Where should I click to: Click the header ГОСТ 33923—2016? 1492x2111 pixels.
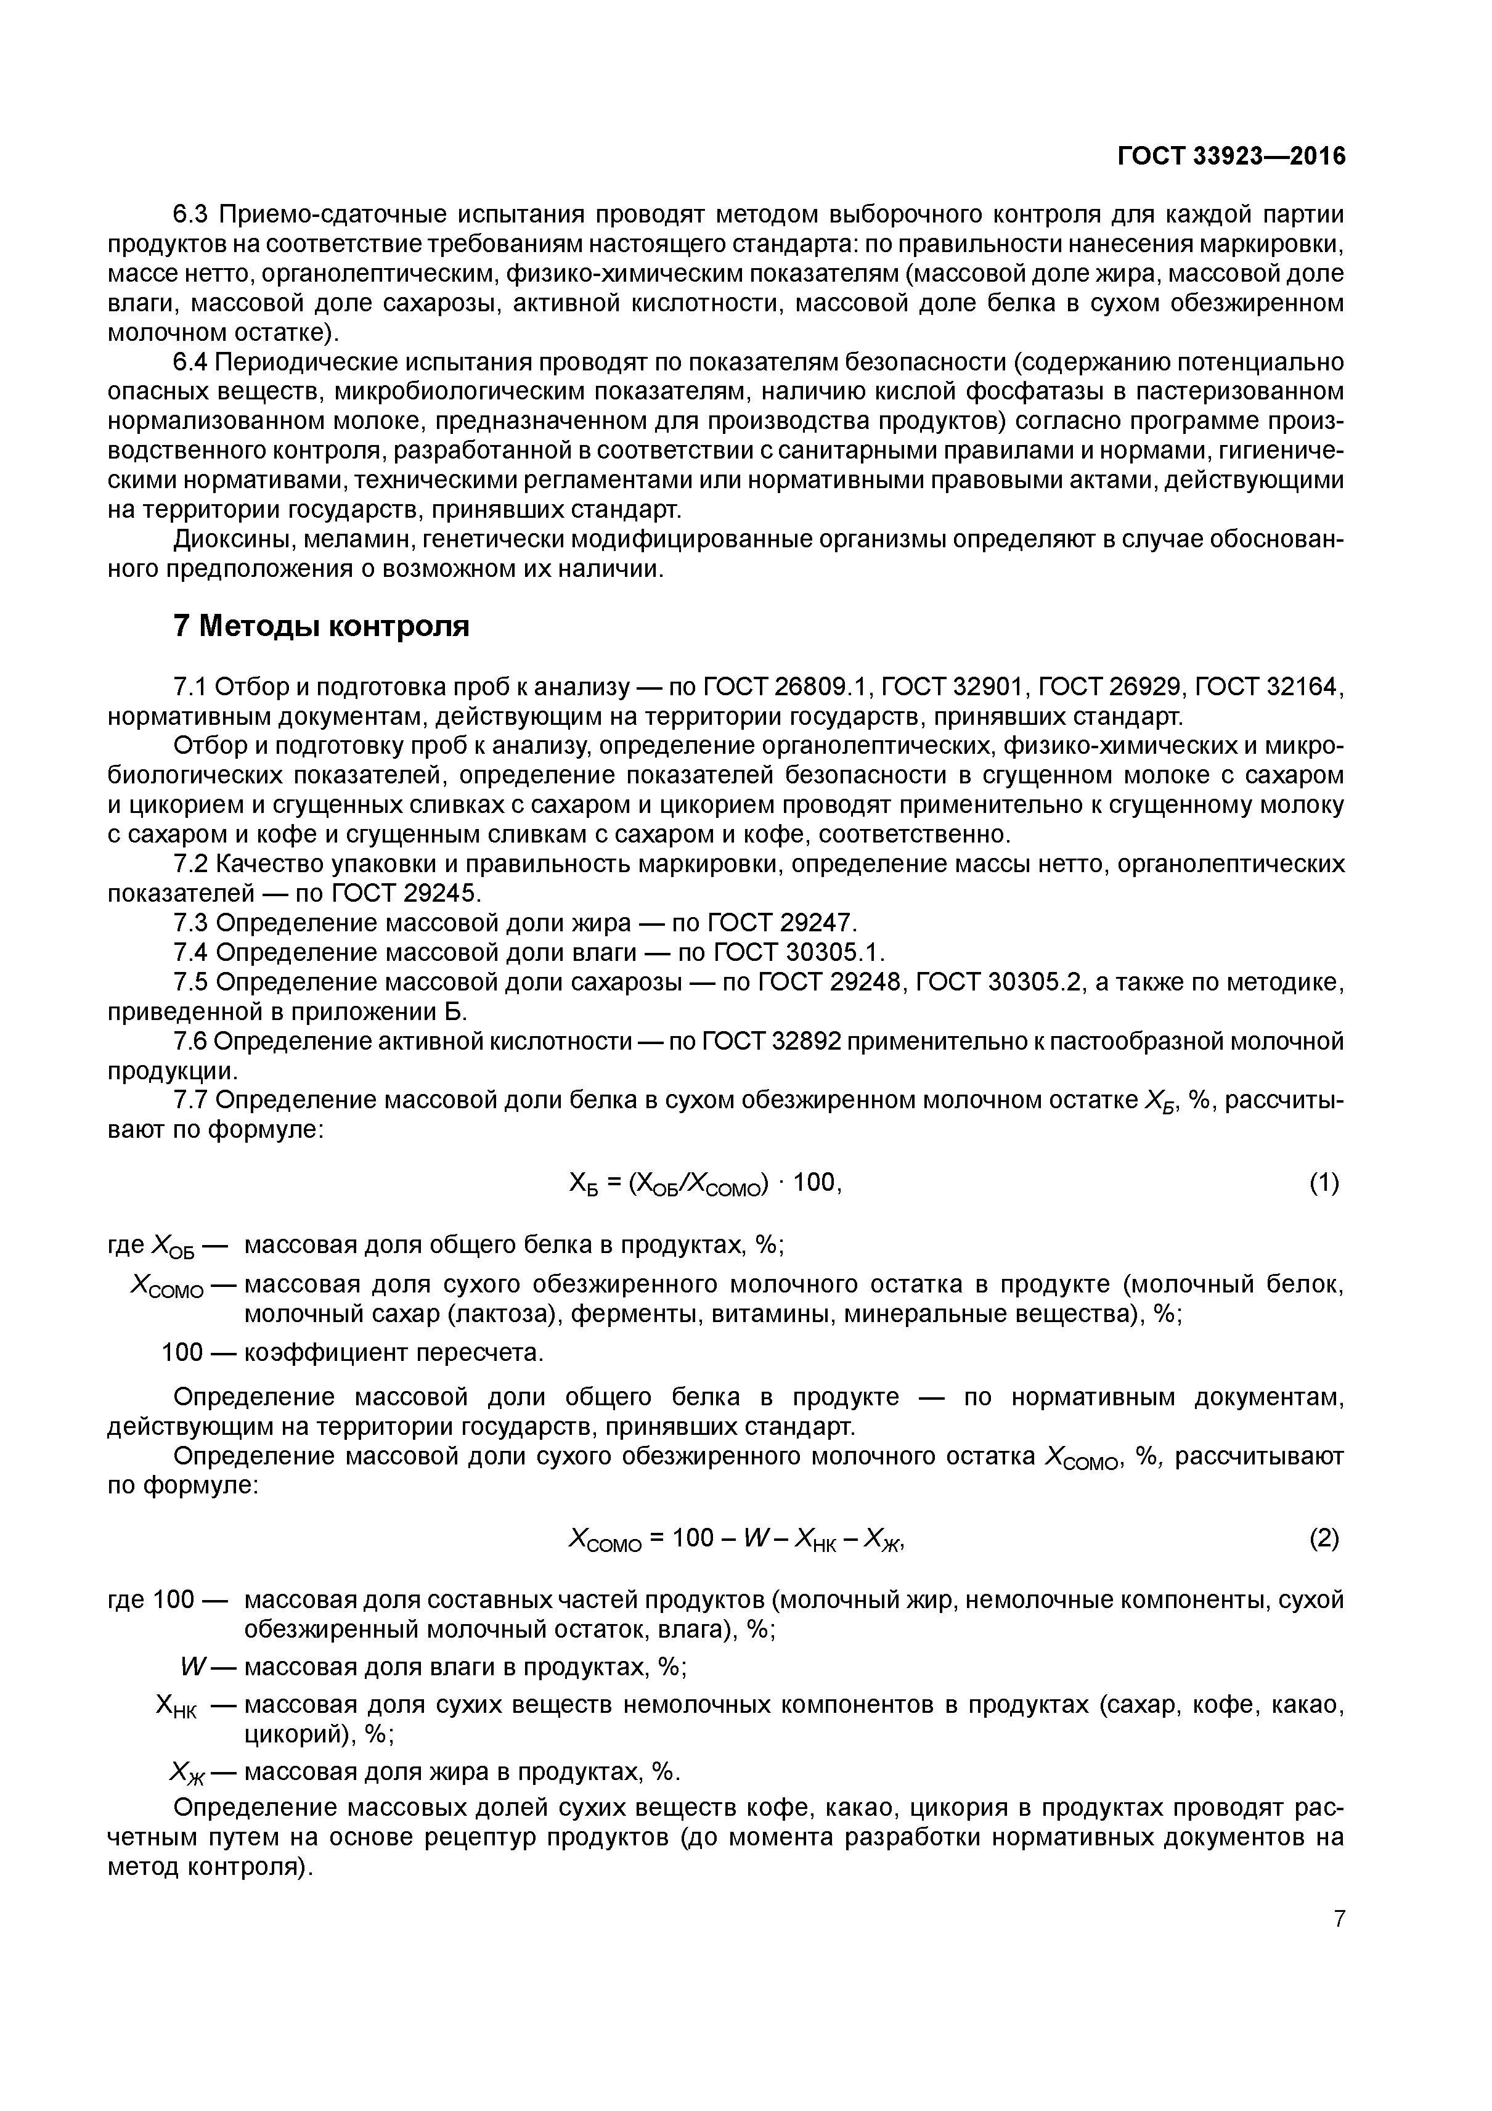(x=1231, y=157)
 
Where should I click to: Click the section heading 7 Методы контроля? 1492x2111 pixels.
(x=321, y=626)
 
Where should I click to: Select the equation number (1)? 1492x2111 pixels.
(x=1324, y=1183)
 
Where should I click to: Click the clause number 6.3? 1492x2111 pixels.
(x=193, y=215)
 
